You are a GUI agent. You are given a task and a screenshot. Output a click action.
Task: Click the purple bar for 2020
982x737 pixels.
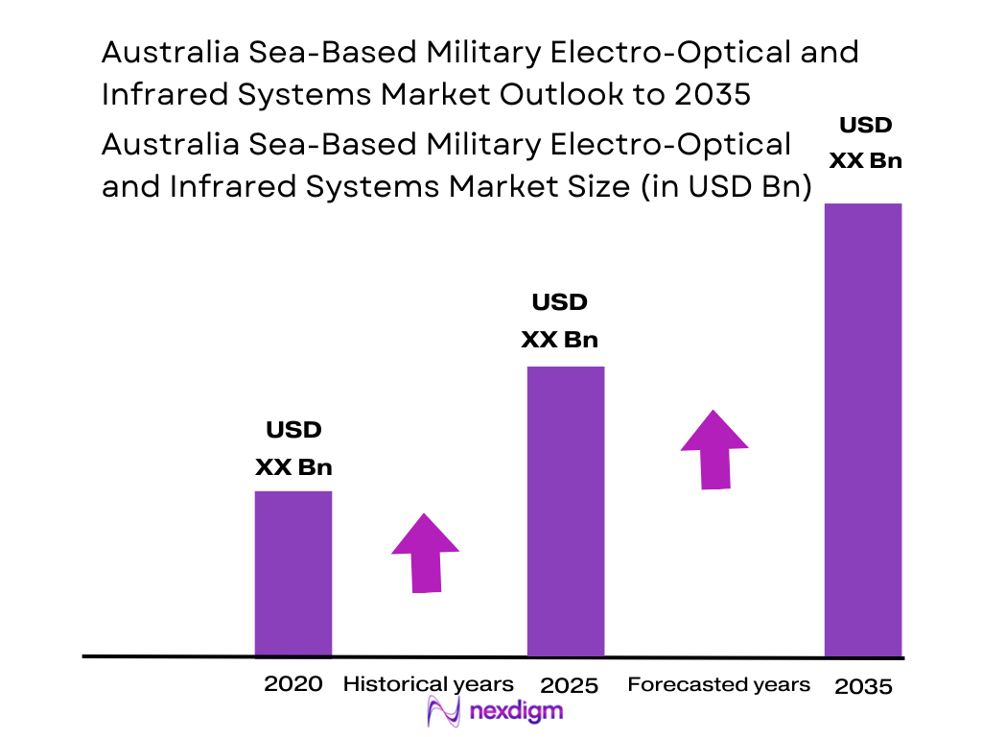tap(292, 573)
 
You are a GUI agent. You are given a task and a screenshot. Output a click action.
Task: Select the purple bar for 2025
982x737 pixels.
tap(566, 511)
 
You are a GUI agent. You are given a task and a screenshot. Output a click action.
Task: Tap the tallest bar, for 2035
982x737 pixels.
tap(863, 429)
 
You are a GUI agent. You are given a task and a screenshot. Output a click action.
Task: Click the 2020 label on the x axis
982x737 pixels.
tap(293, 684)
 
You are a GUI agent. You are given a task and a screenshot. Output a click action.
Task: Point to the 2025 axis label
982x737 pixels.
tap(570, 685)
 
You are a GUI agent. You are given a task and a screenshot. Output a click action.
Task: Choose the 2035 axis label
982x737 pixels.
tap(863, 686)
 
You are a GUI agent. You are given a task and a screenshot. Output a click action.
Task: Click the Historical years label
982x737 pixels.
tap(428, 684)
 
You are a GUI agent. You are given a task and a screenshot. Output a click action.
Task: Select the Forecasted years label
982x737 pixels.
tap(718, 684)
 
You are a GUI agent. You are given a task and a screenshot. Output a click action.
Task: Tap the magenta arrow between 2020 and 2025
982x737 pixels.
tap(425, 554)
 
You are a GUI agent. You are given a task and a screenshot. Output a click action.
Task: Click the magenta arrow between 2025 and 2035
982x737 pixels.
tap(714, 450)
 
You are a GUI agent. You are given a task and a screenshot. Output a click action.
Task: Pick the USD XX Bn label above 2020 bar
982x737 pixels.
tap(293, 448)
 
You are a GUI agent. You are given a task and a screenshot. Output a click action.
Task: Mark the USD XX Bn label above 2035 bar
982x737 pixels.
tap(865, 142)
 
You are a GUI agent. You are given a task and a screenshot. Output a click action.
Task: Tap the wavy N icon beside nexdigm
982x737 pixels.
tap(444, 712)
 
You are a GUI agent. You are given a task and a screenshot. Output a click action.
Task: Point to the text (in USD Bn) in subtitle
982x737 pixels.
tap(718, 187)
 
